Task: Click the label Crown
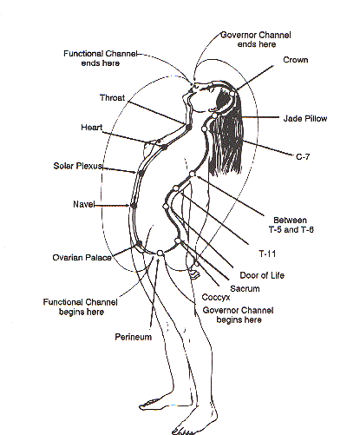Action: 296,60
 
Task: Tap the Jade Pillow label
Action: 305,118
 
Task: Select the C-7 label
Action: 303,156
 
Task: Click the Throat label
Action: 112,98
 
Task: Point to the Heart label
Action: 92,128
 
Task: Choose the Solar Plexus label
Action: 78,166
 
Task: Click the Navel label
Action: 84,204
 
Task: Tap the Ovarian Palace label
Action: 82,258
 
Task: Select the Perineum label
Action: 134,337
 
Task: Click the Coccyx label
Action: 216,297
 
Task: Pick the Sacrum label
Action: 245,288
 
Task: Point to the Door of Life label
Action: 262,275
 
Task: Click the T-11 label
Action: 267,254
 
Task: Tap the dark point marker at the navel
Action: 134,205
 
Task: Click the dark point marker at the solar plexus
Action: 141,173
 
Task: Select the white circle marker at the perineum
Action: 160,254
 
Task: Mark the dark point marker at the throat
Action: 189,127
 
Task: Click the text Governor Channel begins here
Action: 238,315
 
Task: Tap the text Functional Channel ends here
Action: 101,58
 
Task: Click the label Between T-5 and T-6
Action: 291,225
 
